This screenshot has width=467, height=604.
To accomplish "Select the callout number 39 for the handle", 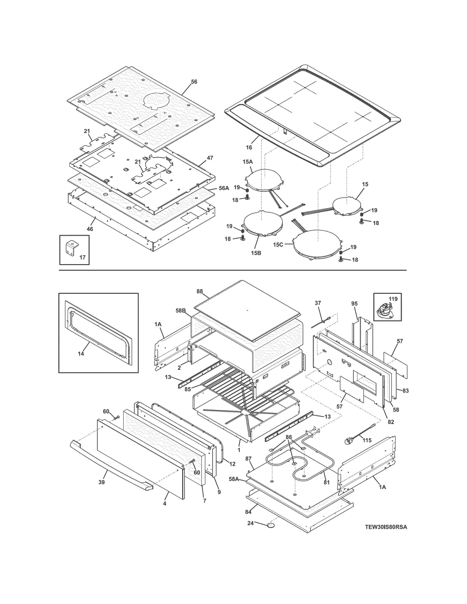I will point(101,483).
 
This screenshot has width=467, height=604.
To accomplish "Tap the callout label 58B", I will point(180,311).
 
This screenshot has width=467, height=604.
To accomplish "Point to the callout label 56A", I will point(224,188).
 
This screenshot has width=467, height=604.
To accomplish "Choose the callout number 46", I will point(90,229).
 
